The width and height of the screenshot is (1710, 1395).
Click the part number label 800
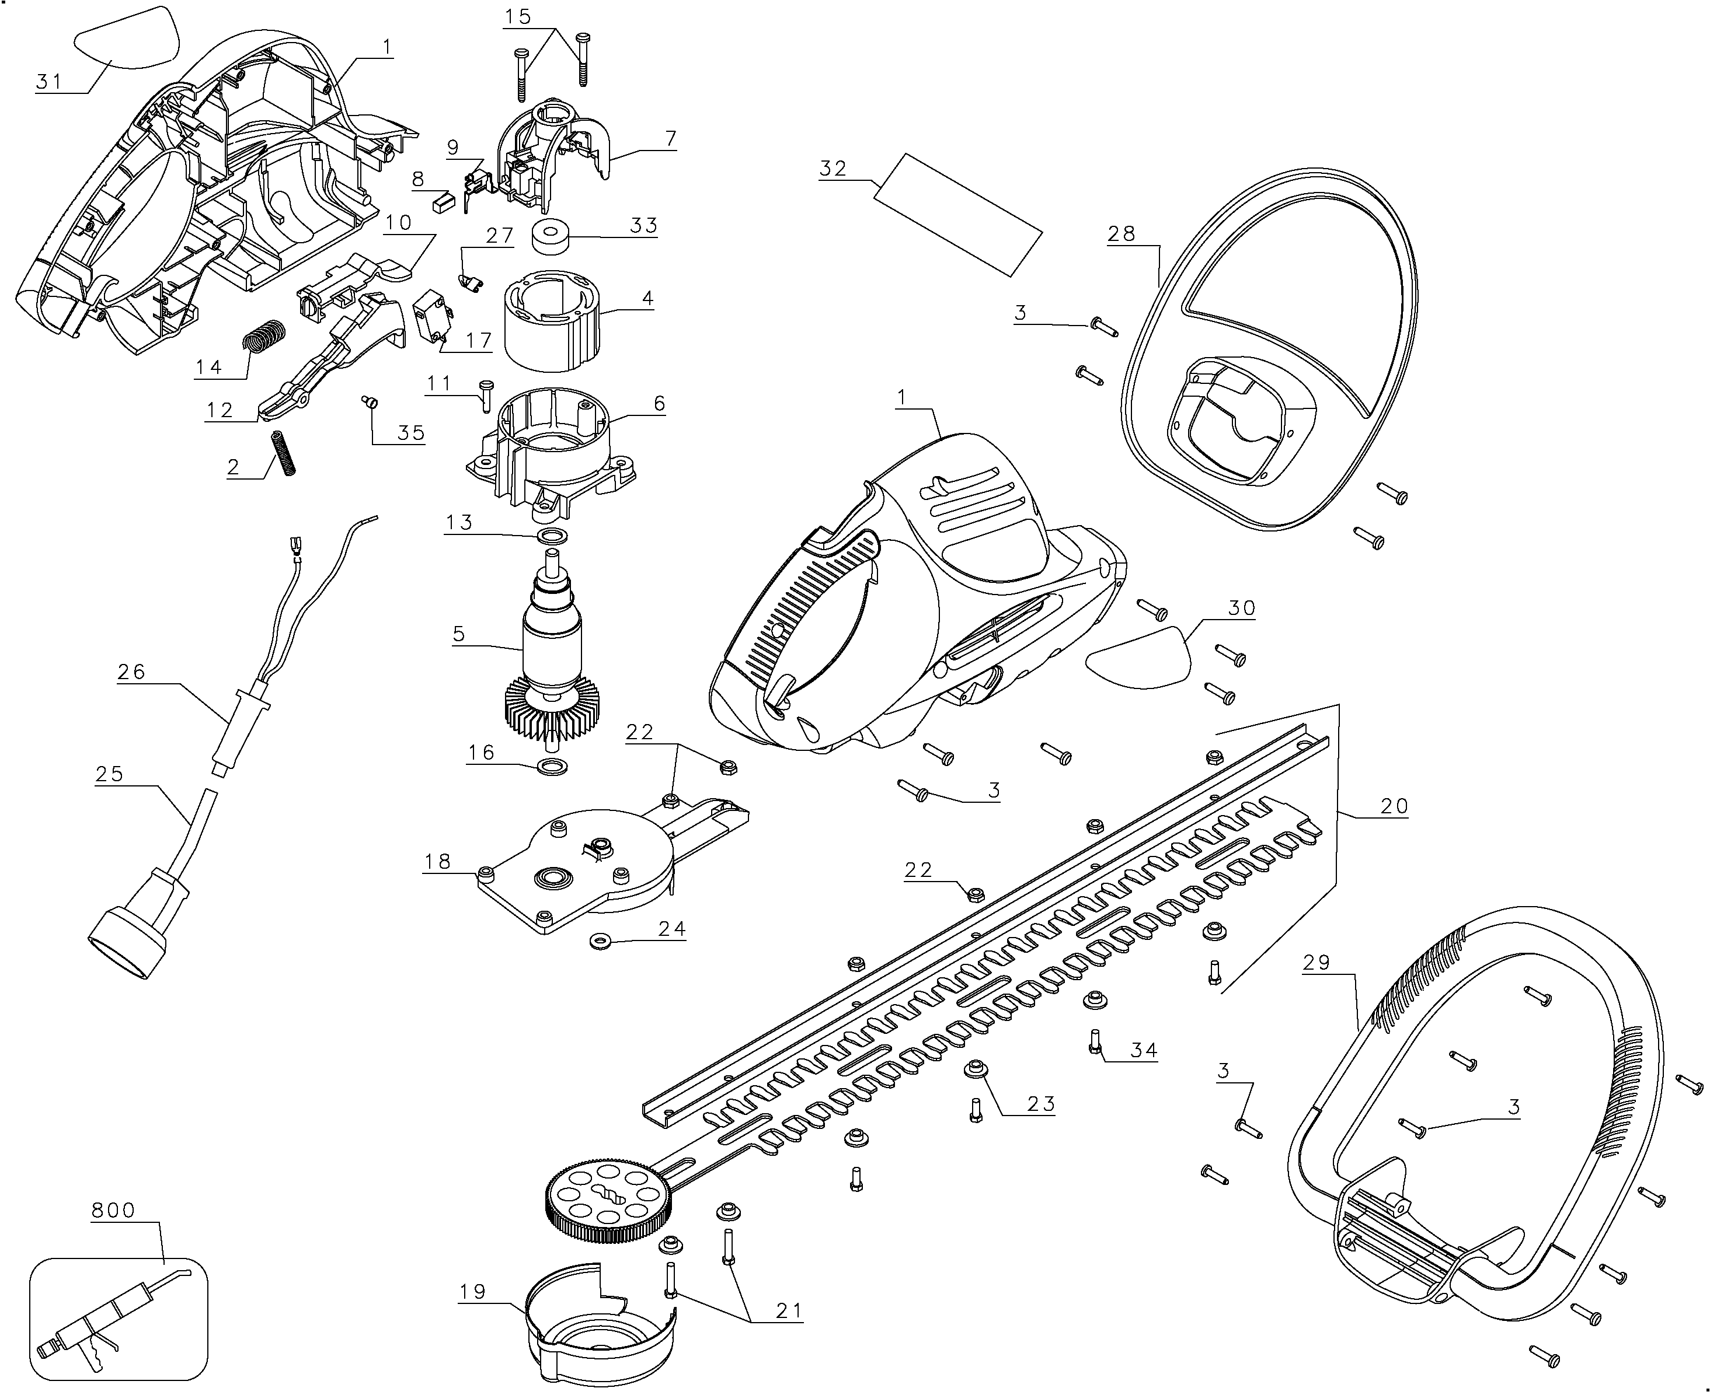click(113, 1210)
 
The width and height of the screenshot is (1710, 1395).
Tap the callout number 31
click(49, 81)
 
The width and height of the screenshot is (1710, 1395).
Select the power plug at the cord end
click(131, 938)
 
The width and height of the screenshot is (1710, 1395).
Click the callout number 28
click(1122, 234)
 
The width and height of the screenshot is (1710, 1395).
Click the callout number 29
click(1317, 962)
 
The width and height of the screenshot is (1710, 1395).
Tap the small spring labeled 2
click(284, 453)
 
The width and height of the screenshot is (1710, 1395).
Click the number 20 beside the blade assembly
click(1394, 805)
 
